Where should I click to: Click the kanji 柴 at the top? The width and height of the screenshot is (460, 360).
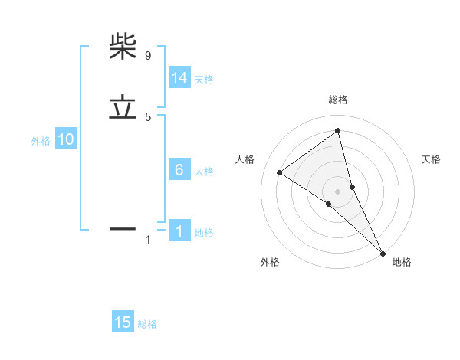(x=123, y=47)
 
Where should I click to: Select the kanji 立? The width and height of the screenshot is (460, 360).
(x=123, y=108)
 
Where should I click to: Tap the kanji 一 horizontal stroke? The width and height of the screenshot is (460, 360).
(x=123, y=227)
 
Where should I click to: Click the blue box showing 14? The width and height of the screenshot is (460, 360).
(x=179, y=78)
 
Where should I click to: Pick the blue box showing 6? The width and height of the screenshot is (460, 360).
(x=179, y=170)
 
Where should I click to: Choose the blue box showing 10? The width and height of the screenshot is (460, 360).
(x=65, y=139)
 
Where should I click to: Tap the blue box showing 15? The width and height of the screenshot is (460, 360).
(x=123, y=322)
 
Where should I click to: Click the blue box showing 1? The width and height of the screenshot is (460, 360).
(x=179, y=231)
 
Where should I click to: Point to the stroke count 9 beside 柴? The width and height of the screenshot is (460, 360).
(x=147, y=55)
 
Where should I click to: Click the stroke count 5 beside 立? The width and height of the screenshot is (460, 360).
(x=147, y=117)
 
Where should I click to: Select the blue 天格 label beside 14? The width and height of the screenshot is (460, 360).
(x=204, y=80)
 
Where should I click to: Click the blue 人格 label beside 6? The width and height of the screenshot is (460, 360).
(x=204, y=172)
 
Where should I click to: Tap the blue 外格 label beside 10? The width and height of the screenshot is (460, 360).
(x=41, y=141)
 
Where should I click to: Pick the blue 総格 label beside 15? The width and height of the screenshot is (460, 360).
(x=147, y=324)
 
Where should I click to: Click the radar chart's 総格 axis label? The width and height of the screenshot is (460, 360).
(x=338, y=100)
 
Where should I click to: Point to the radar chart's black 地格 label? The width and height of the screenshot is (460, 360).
(x=402, y=263)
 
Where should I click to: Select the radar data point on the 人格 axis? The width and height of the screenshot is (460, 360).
(x=279, y=172)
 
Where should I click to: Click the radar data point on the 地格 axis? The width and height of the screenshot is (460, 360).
(x=382, y=252)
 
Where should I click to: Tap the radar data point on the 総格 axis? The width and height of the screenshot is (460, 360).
(x=338, y=130)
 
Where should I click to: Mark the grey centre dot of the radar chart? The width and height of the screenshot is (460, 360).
(x=338, y=191)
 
